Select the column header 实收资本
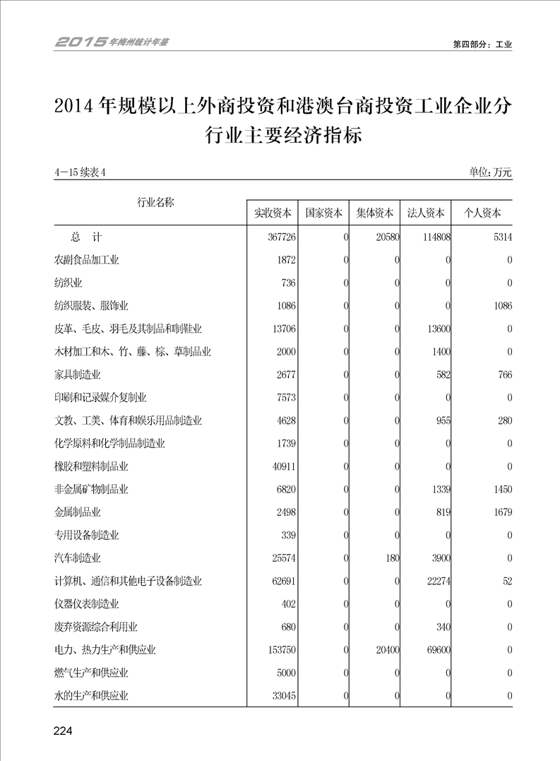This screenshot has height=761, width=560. point(273,213)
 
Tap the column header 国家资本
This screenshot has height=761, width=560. point(323,213)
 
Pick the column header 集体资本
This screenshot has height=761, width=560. point(375,213)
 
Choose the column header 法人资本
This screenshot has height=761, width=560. point(426,213)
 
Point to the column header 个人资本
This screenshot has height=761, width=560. point(482,213)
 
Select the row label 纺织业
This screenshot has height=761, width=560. point(68,283)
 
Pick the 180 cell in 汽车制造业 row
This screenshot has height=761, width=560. point(392,558)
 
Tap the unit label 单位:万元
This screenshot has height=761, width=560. point(489,172)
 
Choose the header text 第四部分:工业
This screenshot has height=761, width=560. point(482,44)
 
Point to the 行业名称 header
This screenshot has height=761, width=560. point(155,203)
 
